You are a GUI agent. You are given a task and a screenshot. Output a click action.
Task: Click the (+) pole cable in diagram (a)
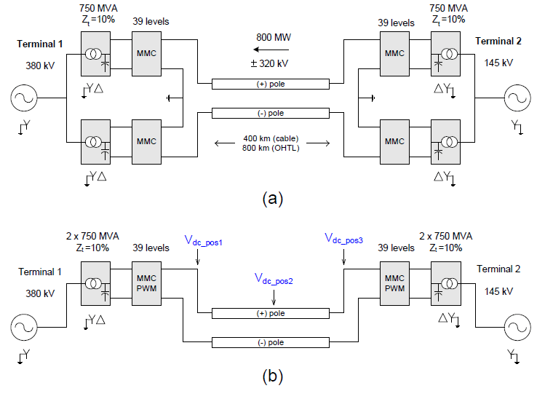pyautogui.click(x=273, y=84)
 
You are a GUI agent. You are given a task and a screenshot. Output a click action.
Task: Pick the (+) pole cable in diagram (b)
pyautogui.click(x=273, y=313)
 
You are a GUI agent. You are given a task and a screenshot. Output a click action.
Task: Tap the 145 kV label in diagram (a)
pyautogui.click(x=498, y=63)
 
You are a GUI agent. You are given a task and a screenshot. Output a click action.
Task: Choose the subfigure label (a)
pyautogui.click(x=271, y=197)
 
